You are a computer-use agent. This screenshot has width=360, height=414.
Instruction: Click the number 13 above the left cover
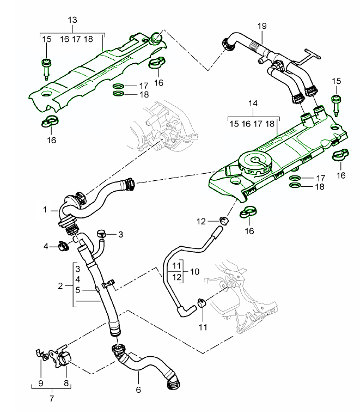tap(72, 21)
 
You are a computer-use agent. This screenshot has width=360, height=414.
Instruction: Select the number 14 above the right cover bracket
tap(252, 103)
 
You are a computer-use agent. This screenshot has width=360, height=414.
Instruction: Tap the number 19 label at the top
tap(261, 26)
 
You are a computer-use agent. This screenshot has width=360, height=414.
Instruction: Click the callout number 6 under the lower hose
tap(138, 390)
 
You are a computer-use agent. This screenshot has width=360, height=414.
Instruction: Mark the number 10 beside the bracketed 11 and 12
tap(195, 271)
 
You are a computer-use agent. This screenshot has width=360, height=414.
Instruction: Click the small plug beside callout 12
tap(223, 220)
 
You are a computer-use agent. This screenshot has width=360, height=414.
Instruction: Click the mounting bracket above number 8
tap(61, 355)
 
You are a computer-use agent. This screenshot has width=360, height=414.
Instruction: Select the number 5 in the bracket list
tap(77, 290)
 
